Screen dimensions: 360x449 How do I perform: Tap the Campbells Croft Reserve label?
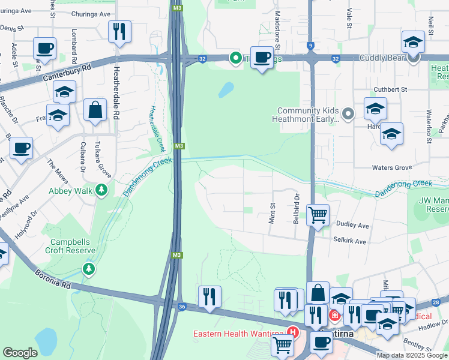point(70,247)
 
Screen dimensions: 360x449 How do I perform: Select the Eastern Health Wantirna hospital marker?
point(293,331)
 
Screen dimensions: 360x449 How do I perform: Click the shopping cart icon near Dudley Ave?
point(318,214)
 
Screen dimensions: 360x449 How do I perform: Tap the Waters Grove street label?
point(391,167)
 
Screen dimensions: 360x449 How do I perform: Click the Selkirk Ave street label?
point(349,241)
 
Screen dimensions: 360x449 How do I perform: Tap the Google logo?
point(20,353)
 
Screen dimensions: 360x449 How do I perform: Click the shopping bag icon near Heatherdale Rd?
point(95,110)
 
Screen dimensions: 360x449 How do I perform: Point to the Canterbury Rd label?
point(66,74)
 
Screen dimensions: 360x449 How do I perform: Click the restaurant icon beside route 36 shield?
point(209,297)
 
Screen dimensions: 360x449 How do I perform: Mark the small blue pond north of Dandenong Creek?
point(226,89)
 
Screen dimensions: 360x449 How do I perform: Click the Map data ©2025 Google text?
point(411,355)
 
